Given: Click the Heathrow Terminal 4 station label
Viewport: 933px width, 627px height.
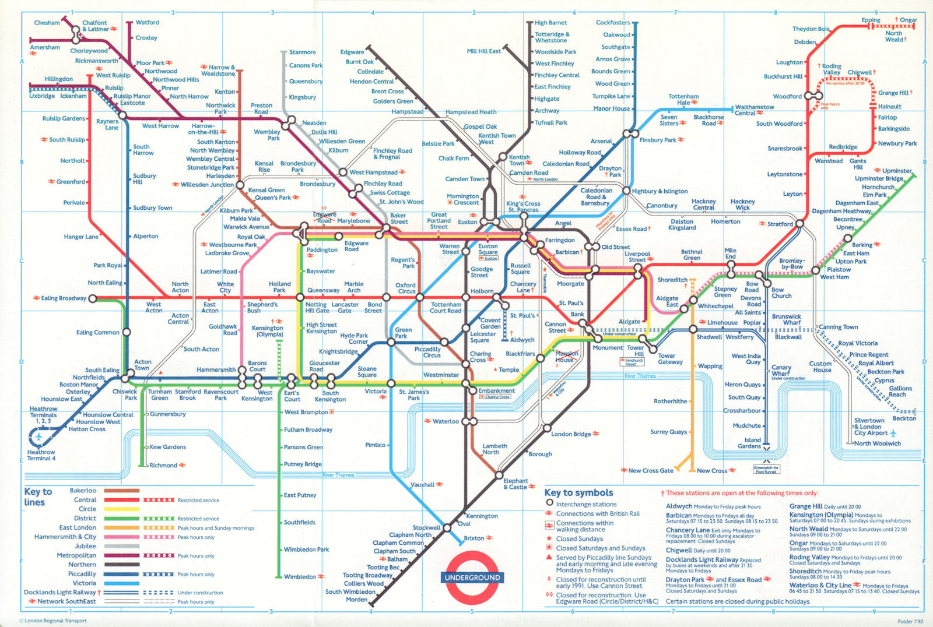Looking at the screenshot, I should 41,455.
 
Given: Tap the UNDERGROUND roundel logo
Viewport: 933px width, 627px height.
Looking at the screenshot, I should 472,577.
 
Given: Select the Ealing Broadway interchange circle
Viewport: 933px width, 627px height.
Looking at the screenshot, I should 92,298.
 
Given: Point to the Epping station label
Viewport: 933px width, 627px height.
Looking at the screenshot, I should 871,20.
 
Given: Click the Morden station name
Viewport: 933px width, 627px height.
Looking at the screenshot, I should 356,599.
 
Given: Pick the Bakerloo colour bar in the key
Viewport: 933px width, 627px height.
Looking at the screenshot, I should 121,491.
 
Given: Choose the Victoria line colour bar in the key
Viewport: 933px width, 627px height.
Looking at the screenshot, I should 121,583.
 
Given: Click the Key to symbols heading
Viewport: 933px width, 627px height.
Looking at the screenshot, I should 578,492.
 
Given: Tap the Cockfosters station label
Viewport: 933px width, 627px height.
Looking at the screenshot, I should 613,23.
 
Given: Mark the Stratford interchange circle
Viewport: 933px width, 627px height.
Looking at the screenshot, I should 800,223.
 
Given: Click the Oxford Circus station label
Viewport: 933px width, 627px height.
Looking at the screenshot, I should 406,288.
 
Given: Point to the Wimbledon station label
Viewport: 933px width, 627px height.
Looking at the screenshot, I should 300,577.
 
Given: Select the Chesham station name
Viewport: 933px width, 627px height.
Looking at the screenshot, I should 47,23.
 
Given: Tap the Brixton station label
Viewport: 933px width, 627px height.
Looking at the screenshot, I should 474,538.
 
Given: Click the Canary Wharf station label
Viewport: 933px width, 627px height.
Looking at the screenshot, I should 781,371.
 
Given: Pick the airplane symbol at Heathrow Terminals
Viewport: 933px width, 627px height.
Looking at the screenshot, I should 39,436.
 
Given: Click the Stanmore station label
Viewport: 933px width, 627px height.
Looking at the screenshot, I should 302,52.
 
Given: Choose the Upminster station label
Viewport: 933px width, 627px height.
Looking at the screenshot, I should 896,171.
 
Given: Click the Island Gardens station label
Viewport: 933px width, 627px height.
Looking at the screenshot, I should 749,443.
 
